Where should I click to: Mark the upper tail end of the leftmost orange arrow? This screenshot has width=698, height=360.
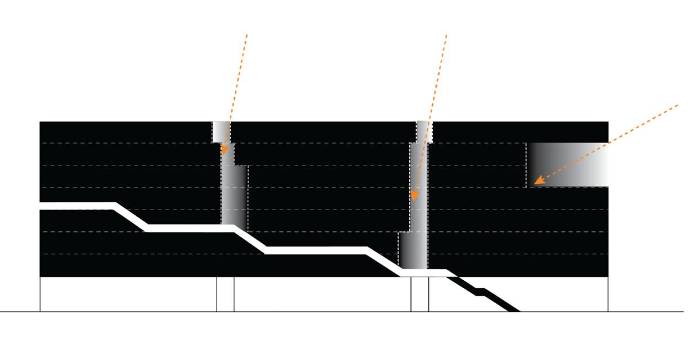click(x=247, y=33)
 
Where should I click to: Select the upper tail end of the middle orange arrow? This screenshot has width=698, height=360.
click(x=447, y=33)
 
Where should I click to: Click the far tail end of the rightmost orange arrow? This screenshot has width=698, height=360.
click(x=680, y=104)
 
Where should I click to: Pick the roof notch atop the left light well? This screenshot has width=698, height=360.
click(x=220, y=132)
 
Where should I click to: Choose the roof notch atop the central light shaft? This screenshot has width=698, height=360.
click(x=424, y=132)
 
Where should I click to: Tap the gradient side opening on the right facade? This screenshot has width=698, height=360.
click(x=567, y=165)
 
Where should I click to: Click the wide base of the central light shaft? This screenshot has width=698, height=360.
click(x=413, y=251)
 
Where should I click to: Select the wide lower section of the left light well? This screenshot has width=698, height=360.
click(x=234, y=195)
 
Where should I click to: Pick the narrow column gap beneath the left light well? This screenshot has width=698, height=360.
click(x=225, y=295)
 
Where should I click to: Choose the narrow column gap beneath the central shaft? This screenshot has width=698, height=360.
click(x=420, y=295)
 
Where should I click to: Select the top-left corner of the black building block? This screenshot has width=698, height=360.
click(x=40, y=122)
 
